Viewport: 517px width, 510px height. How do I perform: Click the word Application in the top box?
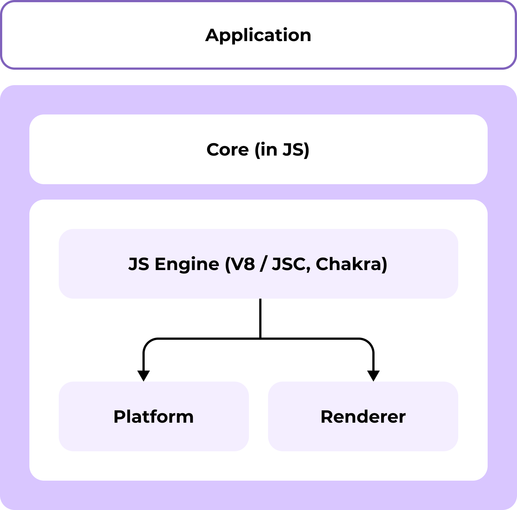click(x=258, y=35)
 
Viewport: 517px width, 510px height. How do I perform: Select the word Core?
click(x=228, y=150)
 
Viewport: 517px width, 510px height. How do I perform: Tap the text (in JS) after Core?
click(x=282, y=150)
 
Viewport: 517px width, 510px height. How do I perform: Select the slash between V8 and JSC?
click(x=263, y=264)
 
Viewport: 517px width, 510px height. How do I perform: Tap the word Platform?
click(x=153, y=417)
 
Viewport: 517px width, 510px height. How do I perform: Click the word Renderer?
click(x=363, y=417)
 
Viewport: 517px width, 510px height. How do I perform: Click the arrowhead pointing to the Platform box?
click(x=144, y=376)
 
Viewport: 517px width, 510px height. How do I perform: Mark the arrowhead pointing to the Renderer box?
click(x=373, y=376)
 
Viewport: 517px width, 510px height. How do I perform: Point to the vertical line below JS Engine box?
click(x=260, y=317)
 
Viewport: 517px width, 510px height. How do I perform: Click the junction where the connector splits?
click(x=260, y=338)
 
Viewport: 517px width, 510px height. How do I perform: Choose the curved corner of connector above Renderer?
click(x=370, y=342)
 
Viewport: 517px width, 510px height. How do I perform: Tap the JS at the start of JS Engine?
click(x=139, y=264)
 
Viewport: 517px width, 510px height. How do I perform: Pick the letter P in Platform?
click(x=119, y=417)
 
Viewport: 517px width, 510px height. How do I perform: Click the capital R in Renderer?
click(x=327, y=417)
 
